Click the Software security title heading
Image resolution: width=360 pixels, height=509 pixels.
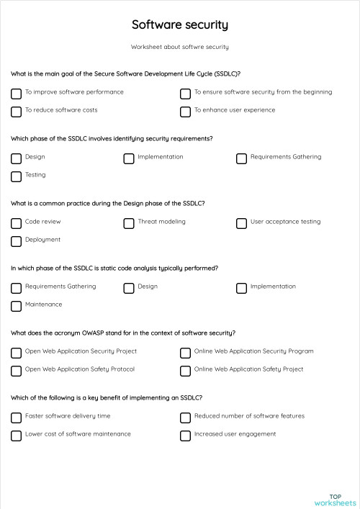point(179,25)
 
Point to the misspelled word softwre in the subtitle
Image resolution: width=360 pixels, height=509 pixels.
point(186,47)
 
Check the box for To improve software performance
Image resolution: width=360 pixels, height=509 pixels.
point(16,94)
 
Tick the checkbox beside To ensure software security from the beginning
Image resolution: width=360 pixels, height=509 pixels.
point(185,94)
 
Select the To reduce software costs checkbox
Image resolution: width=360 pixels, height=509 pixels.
point(16,112)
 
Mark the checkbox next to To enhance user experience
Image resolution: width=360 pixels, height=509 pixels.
point(185,112)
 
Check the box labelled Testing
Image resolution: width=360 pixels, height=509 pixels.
point(16,176)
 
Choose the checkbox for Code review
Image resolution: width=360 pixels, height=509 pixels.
point(16,223)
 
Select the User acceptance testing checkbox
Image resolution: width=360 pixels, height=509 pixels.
point(241,223)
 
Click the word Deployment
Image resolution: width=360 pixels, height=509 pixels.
point(42,240)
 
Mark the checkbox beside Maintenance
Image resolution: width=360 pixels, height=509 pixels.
point(16,306)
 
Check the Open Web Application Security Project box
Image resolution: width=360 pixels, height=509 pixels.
point(16,353)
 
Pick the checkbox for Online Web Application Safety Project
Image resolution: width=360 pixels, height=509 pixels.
point(185,371)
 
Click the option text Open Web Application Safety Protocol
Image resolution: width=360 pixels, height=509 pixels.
point(79,369)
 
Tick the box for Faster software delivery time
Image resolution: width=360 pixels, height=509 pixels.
point(16,418)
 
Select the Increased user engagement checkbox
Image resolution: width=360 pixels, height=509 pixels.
point(185,436)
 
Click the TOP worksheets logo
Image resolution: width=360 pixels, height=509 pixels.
point(335,500)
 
